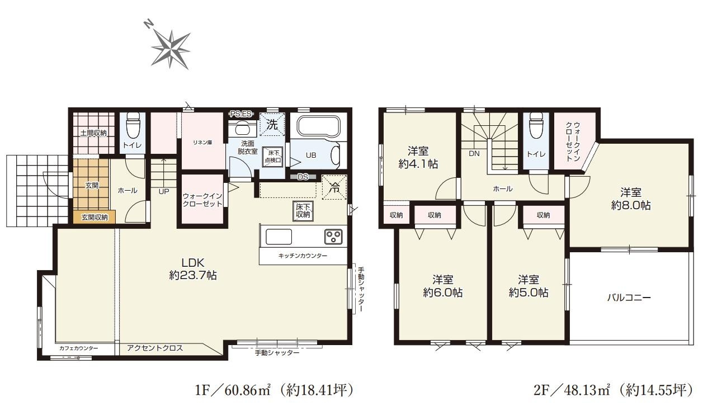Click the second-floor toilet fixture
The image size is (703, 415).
click(535, 126)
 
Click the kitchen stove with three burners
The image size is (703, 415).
click(333, 237)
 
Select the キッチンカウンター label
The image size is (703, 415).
click(303, 256)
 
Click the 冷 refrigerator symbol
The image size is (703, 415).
click(334, 187)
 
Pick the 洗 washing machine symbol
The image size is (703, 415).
click(272, 125)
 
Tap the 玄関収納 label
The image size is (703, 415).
click(95, 217)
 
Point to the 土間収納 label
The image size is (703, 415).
click(93, 133)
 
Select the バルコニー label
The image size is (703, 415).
click(629, 298)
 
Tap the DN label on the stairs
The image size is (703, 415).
click(474, 153)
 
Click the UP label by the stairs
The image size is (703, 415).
click(163, 191)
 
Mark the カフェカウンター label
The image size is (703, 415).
click(78, 348)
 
